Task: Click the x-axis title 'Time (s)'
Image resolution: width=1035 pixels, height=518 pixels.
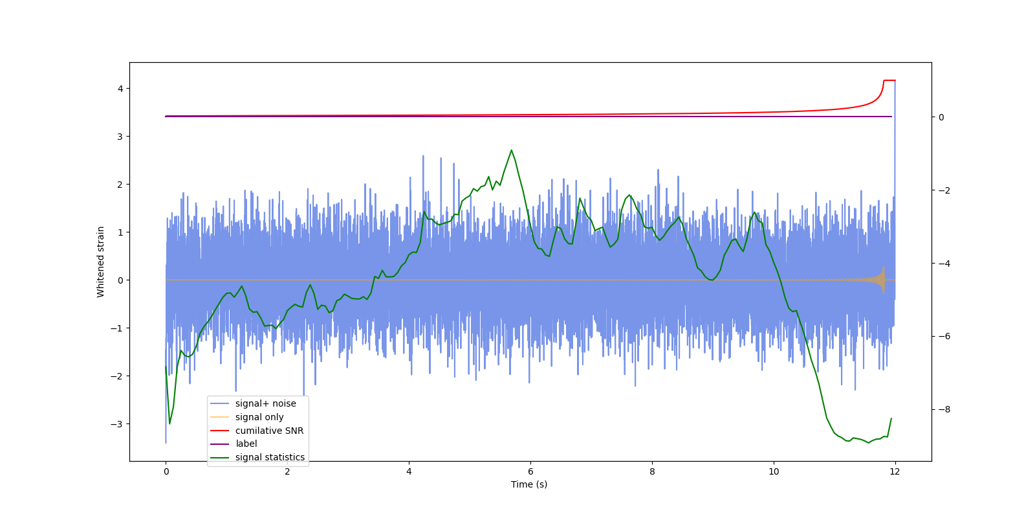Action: (529, 484)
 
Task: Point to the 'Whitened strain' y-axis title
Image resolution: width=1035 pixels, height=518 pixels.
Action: (101, 262)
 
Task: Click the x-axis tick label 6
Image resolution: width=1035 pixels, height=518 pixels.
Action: (530, 471)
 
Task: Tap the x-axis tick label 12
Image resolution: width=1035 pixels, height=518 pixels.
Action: (895, 471)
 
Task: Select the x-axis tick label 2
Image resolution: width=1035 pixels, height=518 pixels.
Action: (287, 471)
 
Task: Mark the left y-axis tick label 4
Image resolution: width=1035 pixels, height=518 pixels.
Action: (120, 89)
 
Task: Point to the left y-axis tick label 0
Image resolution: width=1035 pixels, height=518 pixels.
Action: (120, 280)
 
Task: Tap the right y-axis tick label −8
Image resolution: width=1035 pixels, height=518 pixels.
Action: (944, 409)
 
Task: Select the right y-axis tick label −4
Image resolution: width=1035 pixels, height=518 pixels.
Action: (944, 264)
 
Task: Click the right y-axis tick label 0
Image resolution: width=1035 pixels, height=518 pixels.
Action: (942, 117)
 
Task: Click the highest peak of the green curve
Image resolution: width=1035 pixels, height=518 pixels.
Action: (511, 150)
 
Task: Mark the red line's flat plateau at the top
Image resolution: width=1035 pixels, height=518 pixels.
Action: (889, 80)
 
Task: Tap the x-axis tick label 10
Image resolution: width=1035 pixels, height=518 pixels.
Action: (774, 471)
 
